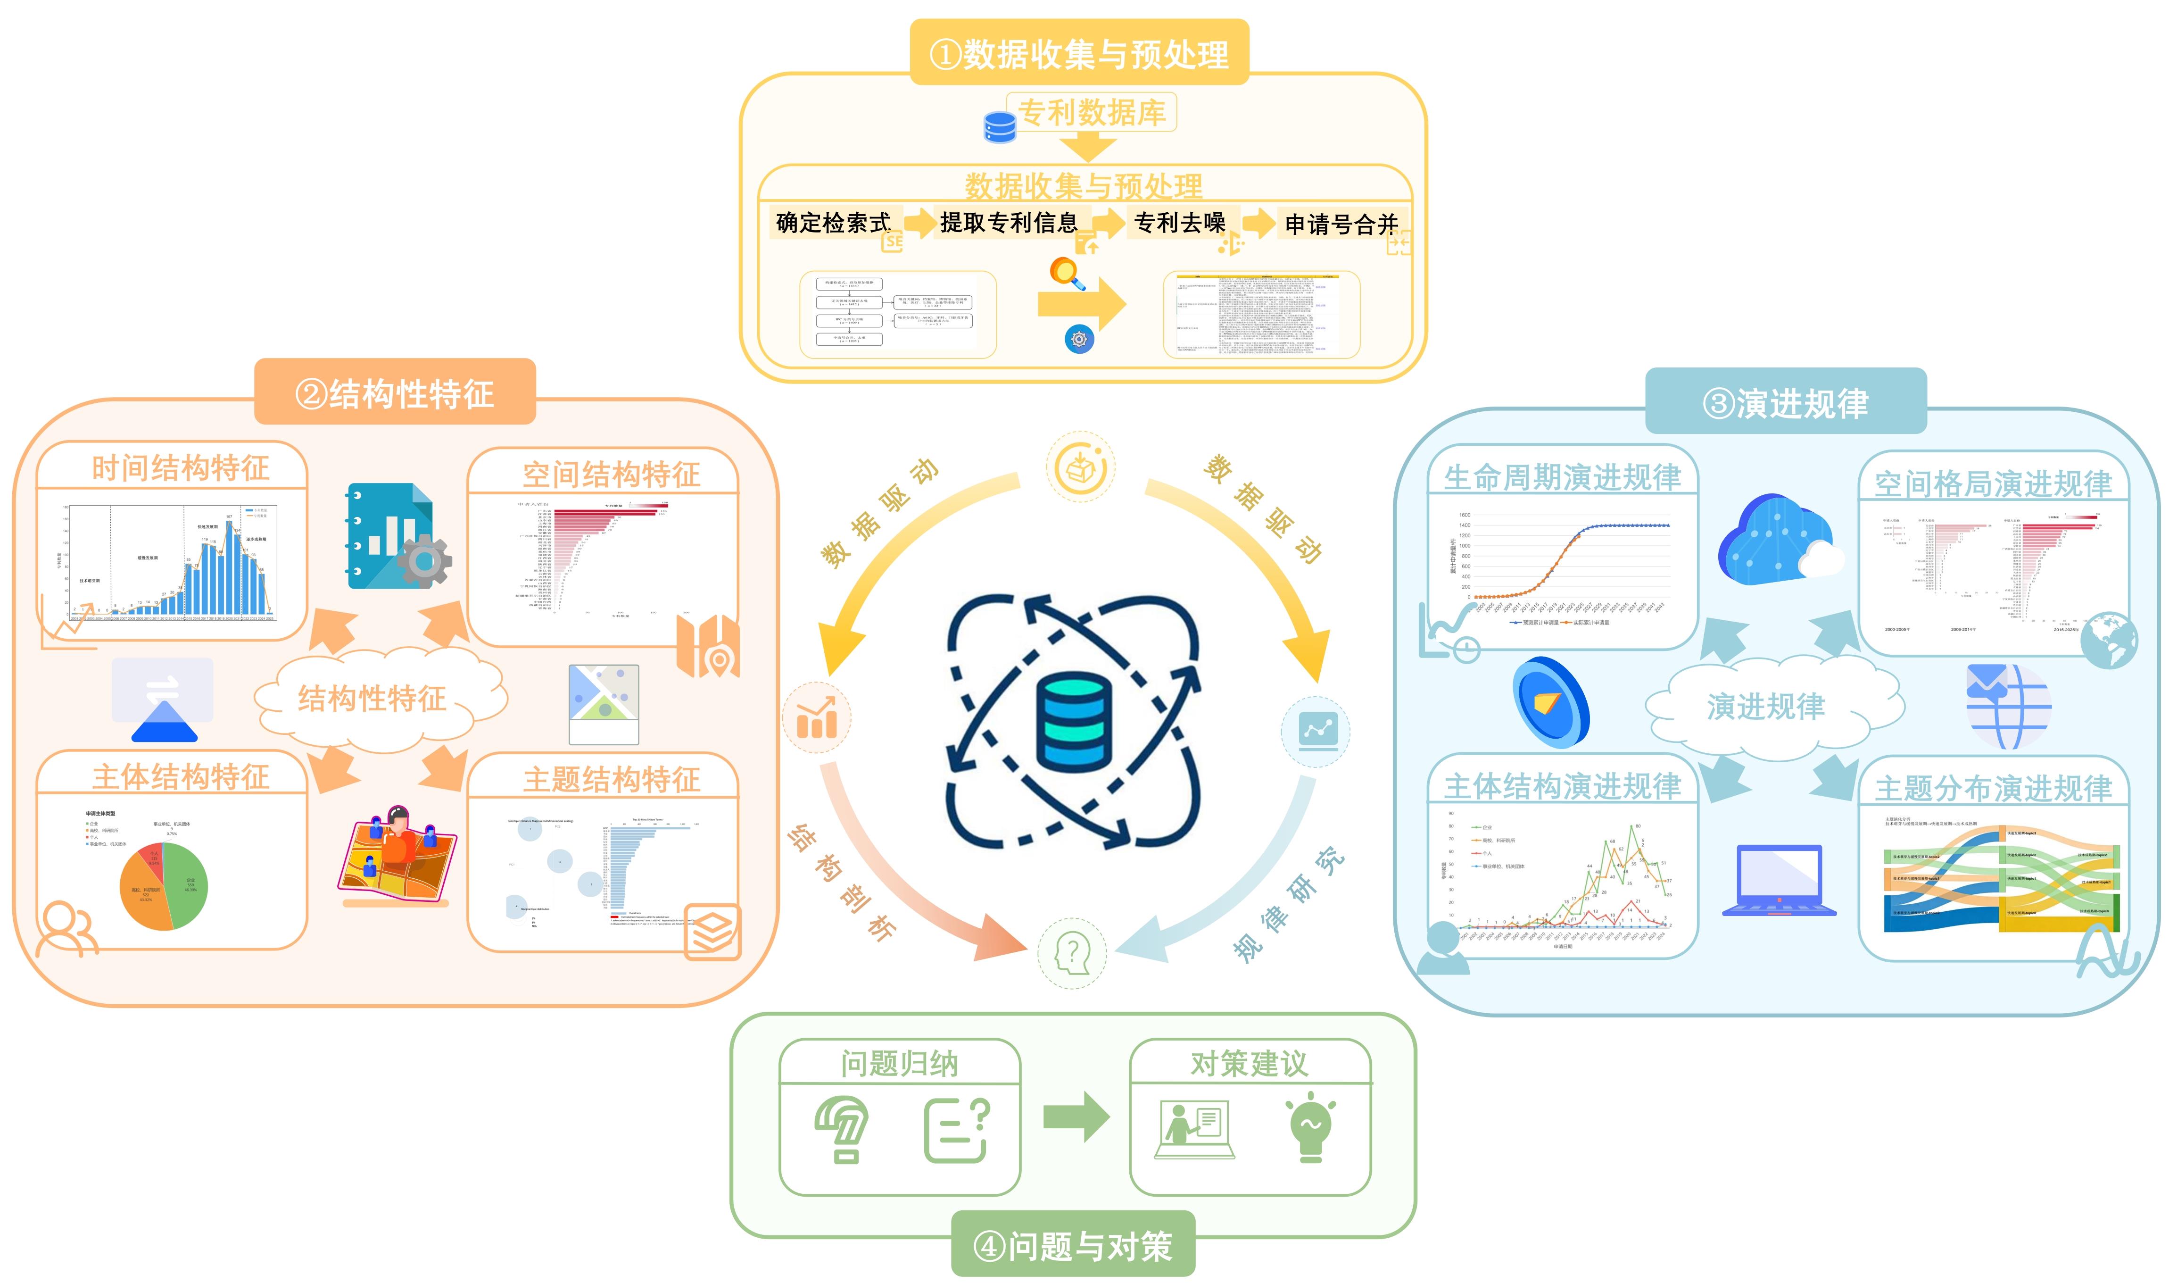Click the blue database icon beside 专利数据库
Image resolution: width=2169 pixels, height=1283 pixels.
[x=1000, y=127]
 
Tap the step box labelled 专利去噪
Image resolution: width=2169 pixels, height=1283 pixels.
[x=1180, y=223]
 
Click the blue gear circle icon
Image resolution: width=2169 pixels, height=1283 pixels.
[x=1079, y=339]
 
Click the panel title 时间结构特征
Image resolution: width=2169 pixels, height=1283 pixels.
[x=181, y=468]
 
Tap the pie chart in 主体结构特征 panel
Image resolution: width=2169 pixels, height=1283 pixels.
[x=163, y=886]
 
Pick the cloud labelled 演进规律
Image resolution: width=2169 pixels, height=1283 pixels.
[x=1765, y=706]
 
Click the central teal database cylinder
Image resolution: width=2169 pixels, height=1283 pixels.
[x=1074, y=722]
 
